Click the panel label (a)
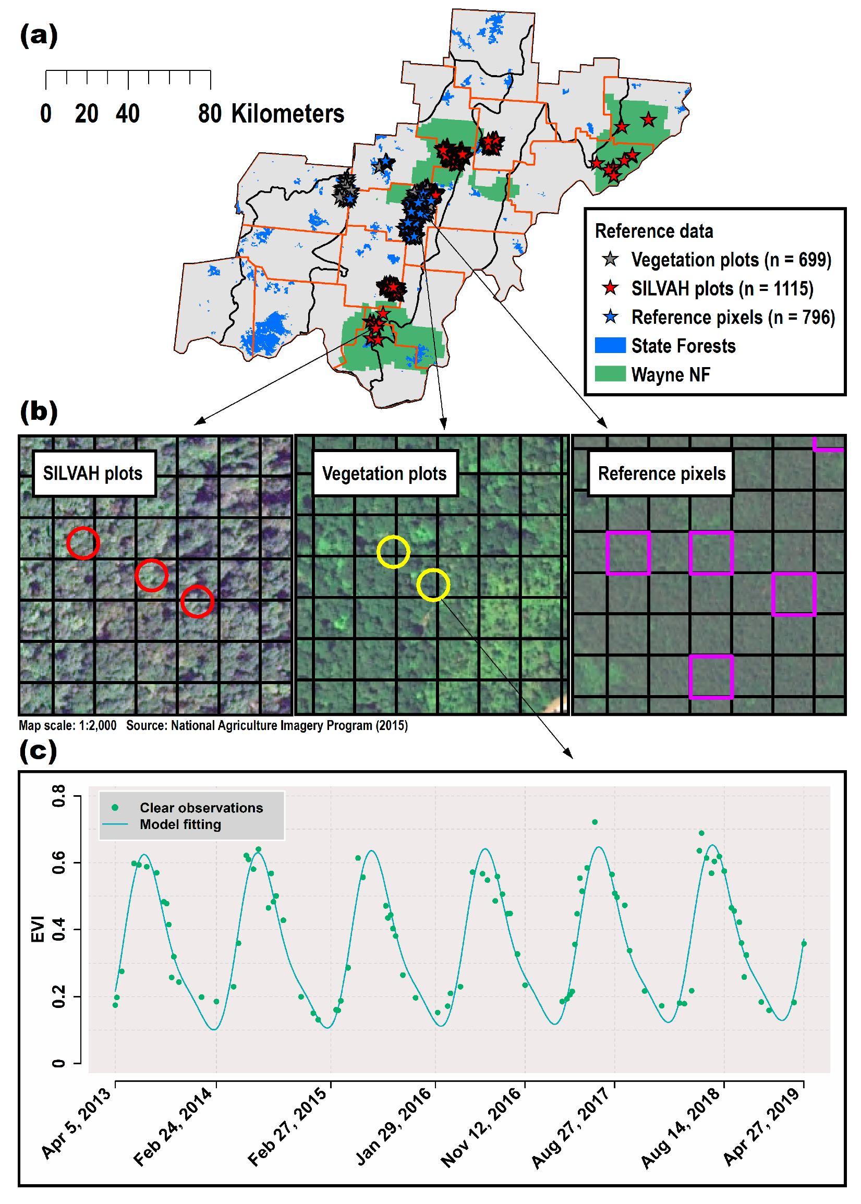[x=38, y=35]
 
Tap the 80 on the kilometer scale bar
[x=210, y=114]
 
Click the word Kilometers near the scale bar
[x=287, y=114]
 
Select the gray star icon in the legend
[x=610, y=260]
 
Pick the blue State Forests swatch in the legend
[x=610, y=346]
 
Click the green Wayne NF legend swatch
[x=610, y=374]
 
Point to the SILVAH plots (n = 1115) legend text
[x=722, y=289]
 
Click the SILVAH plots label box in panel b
[x=93, y=473]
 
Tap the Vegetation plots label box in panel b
[x=384, y=473]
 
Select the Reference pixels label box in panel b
[x=661, y=473]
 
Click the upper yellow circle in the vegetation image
[x=393, y=552]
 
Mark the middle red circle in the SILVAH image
[x=151, y=575]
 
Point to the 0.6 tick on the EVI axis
[x=59, y=862]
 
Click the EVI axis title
[x=38, y=929]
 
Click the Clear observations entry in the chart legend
[x=200, y=807]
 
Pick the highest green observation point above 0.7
[x=595, y=822]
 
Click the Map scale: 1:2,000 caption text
[x=67, y=725]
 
